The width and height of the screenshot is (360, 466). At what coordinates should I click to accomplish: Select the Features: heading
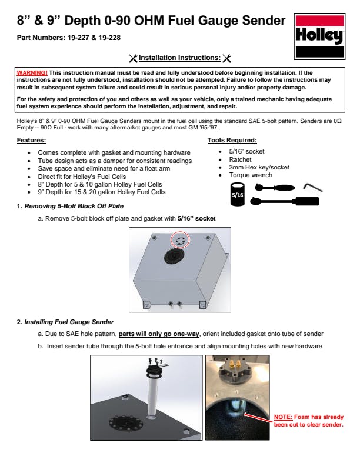[x=31, y=141]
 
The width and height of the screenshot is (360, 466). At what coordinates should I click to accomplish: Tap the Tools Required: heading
[x=232, y=141]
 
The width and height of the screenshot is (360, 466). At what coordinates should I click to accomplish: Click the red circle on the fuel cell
[x=179, y=240]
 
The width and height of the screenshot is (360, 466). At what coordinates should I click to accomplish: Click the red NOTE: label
[x=284, y=417]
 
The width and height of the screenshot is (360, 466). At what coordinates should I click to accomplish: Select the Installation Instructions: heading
[x=180, y=58]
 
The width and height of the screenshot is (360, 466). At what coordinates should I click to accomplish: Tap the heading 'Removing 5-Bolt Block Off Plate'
[x=74, y=206]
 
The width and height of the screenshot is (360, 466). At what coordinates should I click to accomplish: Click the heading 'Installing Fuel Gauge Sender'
[x=69, y=322]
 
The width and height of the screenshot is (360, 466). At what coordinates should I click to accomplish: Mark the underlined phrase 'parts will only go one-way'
[x=159, y=334]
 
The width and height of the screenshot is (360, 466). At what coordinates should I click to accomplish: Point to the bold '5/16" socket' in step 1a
[x=196, y=218]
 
